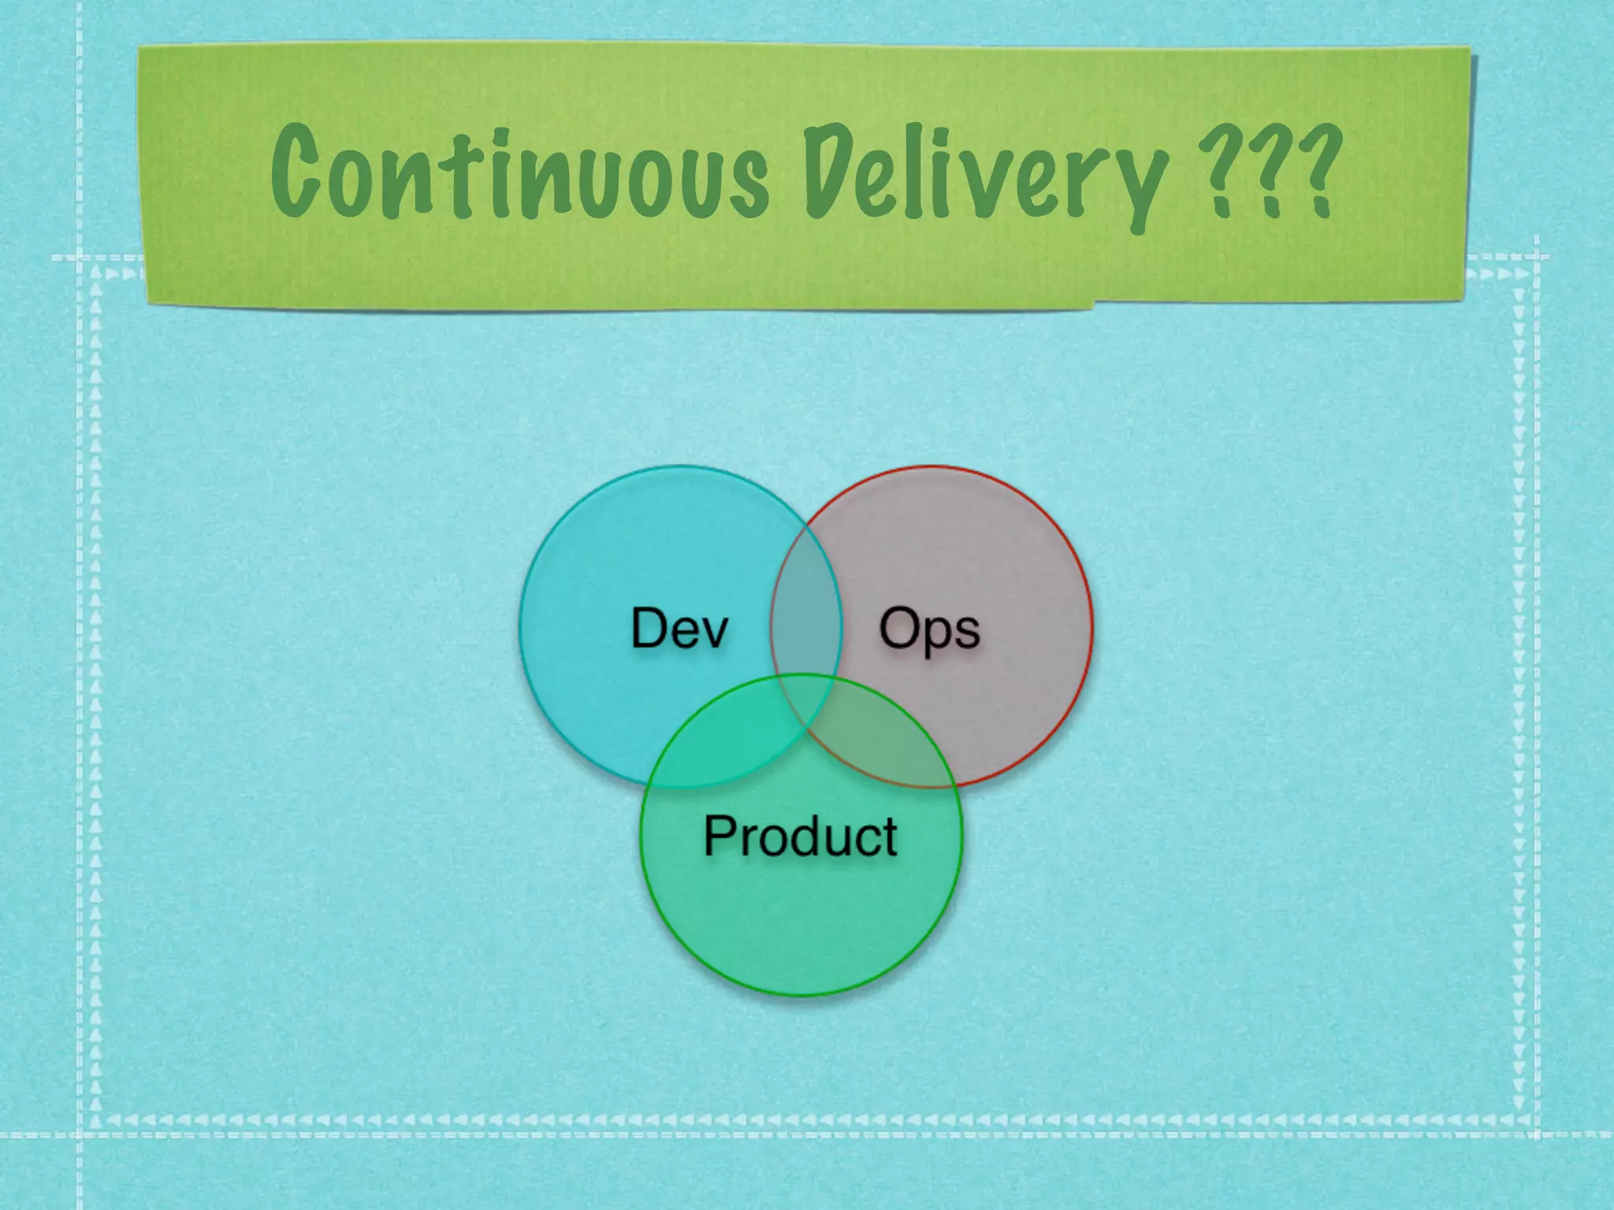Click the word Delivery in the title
click(x=984, y=178)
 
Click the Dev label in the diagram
click(x=679, y=629)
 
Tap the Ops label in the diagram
click(x=929, y=630)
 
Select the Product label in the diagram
click(x=800, y=836)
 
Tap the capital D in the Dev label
click(x=649, y=628)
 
